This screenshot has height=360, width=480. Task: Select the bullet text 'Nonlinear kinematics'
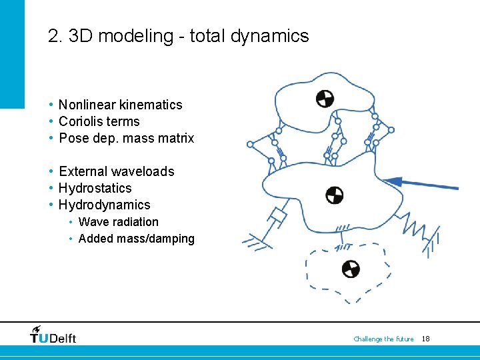120,105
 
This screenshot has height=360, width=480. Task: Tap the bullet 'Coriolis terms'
99,121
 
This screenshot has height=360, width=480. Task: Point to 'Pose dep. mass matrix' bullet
127,138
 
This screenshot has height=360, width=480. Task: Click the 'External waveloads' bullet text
117,171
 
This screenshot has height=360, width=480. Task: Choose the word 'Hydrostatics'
95,188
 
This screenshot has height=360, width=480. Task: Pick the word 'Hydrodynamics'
105,205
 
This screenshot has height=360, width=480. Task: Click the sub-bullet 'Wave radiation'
119,222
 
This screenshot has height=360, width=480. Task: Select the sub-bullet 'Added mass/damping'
137,239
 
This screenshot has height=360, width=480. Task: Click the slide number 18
426,339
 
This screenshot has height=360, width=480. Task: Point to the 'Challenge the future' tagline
383,339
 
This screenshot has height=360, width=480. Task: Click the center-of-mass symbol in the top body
325,99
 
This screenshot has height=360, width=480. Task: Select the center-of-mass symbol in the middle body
334,195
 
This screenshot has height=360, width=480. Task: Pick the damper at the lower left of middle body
275,218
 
